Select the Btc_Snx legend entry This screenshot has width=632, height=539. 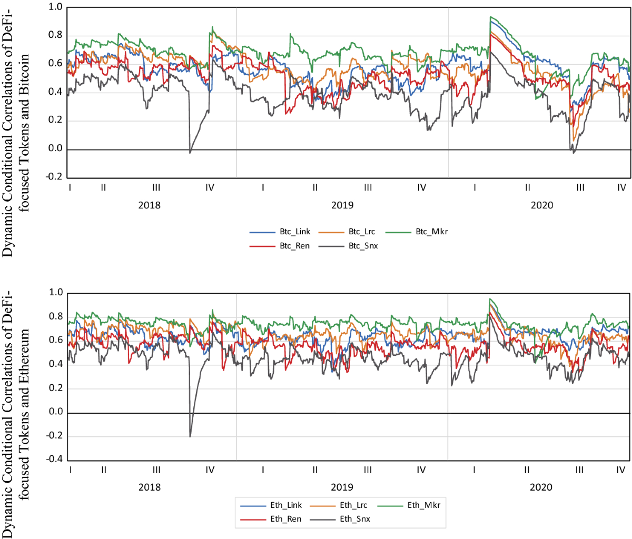point(363,246)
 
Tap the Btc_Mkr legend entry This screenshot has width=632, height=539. point(431,232)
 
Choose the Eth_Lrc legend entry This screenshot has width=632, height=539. point(353,505)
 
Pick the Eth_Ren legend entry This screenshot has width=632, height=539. point(285,519)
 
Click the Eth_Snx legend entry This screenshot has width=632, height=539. point(354,519)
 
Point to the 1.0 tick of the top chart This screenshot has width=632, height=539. point(55,7)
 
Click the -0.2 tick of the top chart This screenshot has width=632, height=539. point(55,177)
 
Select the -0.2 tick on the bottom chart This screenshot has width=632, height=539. point(55,436)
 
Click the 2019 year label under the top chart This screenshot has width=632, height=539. point(342,205)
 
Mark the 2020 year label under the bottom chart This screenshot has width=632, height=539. point(541,487)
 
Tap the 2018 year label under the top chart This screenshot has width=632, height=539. point(149,205)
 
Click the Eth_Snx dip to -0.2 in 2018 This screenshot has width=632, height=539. point(190,436)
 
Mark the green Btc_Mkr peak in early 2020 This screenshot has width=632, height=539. point(490,17)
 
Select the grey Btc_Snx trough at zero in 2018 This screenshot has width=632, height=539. point(190,152)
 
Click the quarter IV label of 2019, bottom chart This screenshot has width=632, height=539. point(421,470)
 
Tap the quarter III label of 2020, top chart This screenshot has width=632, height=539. point(580,187)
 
